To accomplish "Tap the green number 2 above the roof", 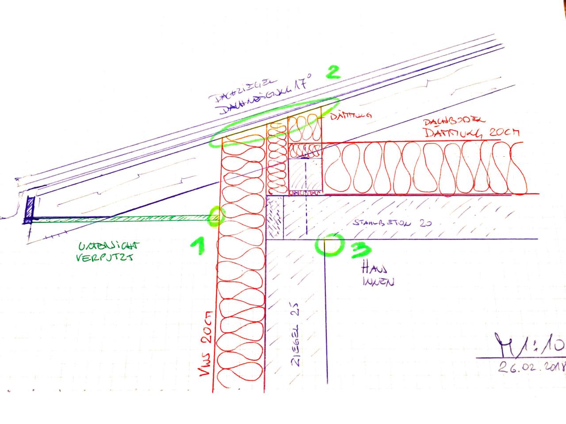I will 333,72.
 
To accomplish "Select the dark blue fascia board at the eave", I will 30,208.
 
